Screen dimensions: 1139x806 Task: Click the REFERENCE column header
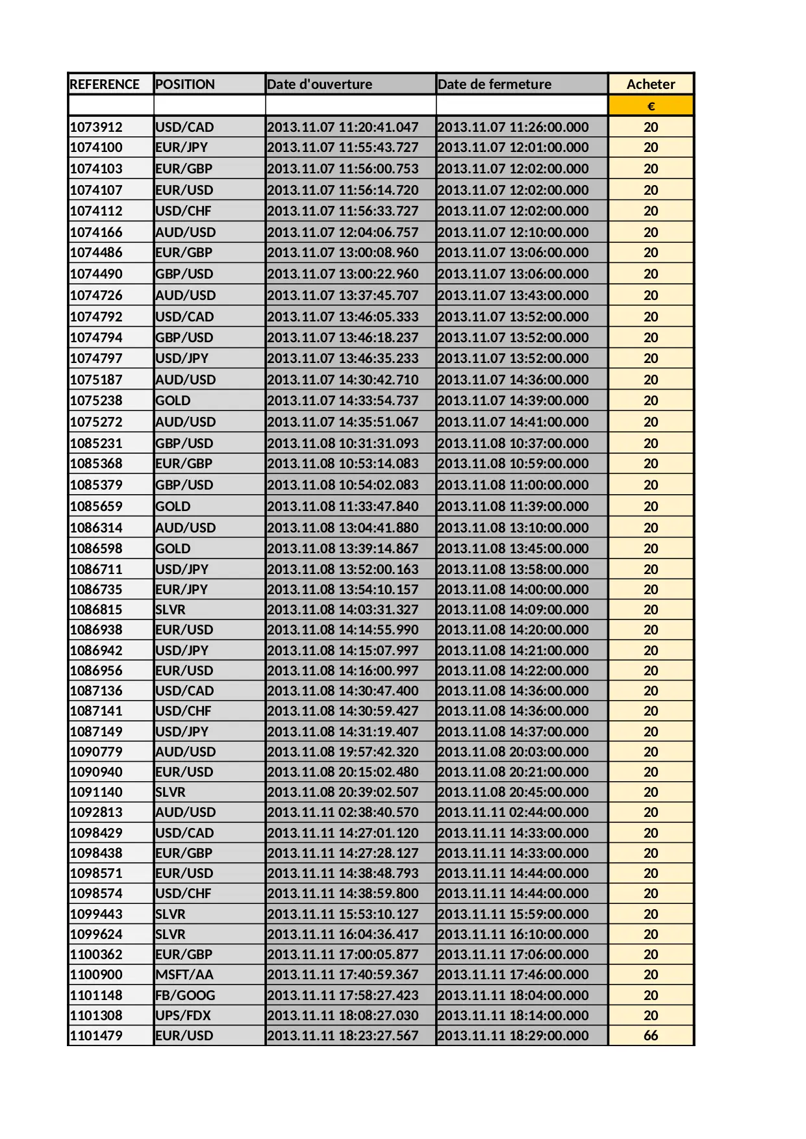pyautogui.click(x=105, y=84)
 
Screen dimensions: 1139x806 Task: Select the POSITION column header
pyautogui.click(x=185, y=84)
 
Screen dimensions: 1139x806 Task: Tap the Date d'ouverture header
pyautogui.click(x=320, y=84)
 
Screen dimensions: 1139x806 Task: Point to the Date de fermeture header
pyautogui.click(x=494, y=84)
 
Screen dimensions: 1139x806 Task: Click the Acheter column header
pyautogui.click(x=651, y=84)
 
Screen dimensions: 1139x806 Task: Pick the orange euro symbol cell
pyautogui.click(x=651, y=106)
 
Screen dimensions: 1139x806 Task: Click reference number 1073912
pyautogui.click(x=96, y=127)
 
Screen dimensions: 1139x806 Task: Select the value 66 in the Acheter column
pyautogui.click(x=651, y=1036)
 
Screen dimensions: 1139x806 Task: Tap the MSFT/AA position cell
pyautogui.click(x=184, y=975)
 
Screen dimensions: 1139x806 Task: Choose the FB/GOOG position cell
pyautogui.click(x=185, y=995)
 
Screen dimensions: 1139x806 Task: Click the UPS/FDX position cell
pyautogui.click(x=183, y=1016)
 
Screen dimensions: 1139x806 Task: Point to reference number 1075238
pyautogui.click(x=96, y=401)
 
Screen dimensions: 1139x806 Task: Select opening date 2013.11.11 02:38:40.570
pyautogui.click(x=343, y=812)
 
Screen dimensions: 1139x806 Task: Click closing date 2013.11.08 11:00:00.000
pyautogui.click(x=513, y=485)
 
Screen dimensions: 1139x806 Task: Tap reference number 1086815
pyautogui.click(x=96, y=610)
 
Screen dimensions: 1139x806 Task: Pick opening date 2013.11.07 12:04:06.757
pyautogui.click(x=343, y=232)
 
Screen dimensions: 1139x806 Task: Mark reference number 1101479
pyautogui.click(x=96, y=1036)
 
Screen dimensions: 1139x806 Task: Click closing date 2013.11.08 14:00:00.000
pyautogui.click(x=513, y=590)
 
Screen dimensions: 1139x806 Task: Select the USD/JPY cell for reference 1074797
pyautogui.click(x=182, y=358)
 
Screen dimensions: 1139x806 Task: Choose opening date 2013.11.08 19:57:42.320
pyautogui.click(x=343, y=752)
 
